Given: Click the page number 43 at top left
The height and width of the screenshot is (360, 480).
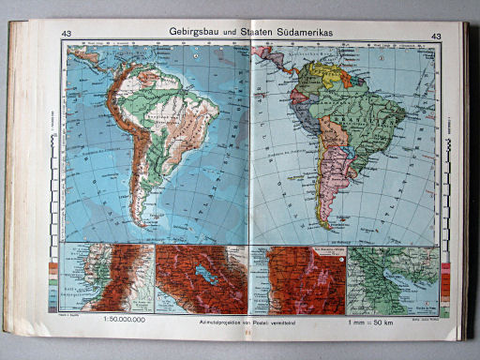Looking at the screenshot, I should coord(66,36).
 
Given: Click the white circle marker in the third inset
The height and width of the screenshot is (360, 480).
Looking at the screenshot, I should coord(343,254).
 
